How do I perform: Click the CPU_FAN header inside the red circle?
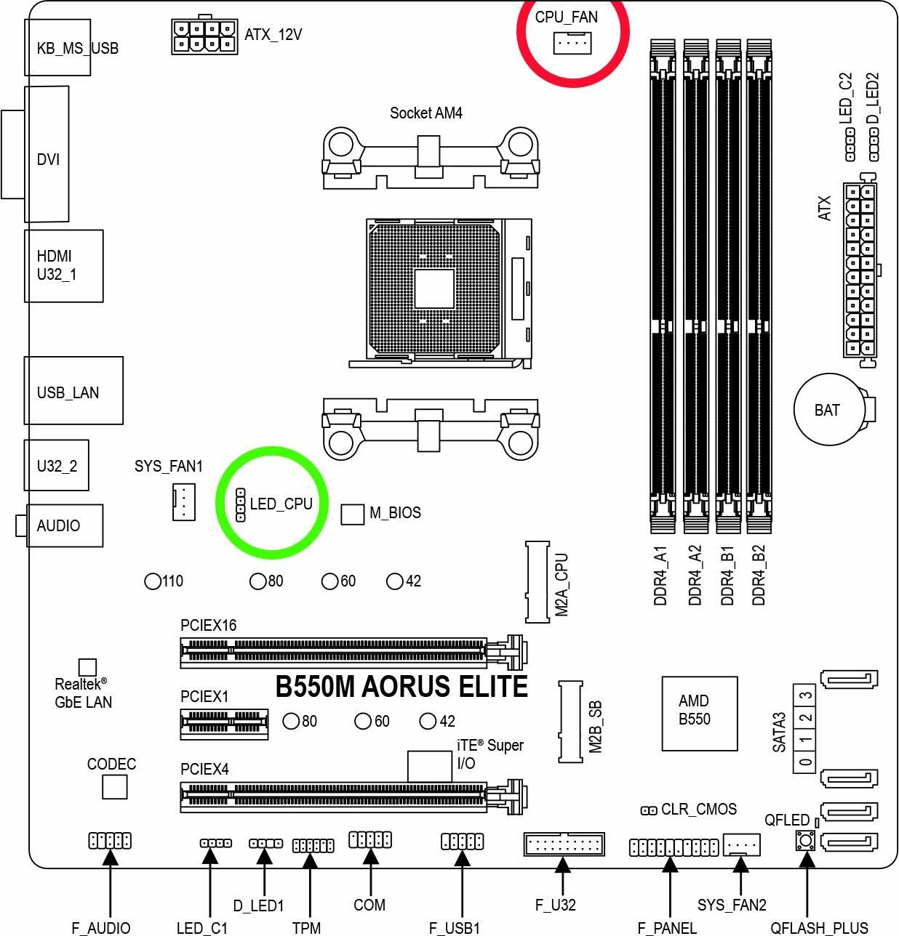click(x=572, y=44)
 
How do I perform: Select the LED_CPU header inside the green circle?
click(x=240, y=505)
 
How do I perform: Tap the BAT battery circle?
click(x=830, y=409)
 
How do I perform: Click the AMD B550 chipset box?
click(x=699, y=714)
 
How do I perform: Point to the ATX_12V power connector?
click(x=204, y=36)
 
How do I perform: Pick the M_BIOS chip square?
click(x=352, y=515)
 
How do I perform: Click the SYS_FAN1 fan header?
click(x=184, y=501)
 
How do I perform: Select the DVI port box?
click(x=47, y=154)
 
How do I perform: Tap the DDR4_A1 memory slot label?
click(x=660, y=576)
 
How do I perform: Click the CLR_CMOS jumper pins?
click(x=649, y=811)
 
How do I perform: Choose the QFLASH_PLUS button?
click(x=805, y=842)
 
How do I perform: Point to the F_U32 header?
click(x=564, y=844)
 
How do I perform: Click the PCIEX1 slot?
click(x=225, y=724)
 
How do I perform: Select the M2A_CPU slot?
click(x=537, y=581)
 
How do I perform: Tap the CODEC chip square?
click(x=115, y=788)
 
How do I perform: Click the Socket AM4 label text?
click(x=425, y=113)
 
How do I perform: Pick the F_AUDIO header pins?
click(x=110, y=841)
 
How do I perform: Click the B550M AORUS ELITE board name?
click(x=401, y=686)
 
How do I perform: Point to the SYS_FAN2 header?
click(x=742, y=844)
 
